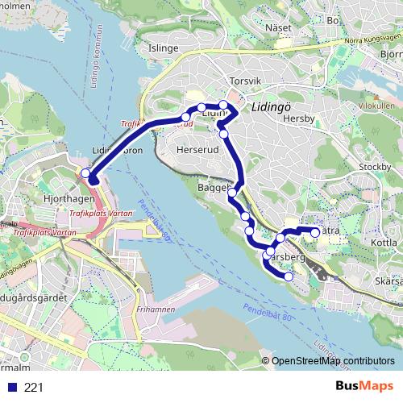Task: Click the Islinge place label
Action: pos(163,48)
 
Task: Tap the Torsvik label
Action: pos(246,81)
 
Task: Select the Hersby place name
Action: pos(297,118)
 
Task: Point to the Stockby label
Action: pos(374,167)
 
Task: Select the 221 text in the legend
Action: pos(34,388)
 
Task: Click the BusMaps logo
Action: pos(364,386)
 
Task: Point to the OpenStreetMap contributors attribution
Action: pos(333,360)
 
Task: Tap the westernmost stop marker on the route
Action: pos(86,172)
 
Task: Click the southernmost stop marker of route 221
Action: pos(289,276)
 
